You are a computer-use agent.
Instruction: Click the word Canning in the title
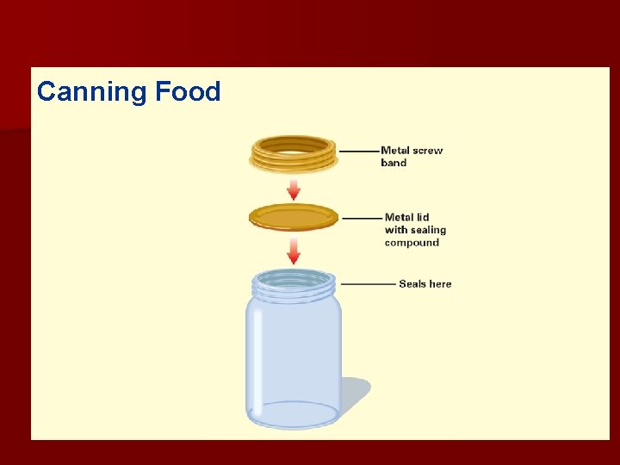(92, 92)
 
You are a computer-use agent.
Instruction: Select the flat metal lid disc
(294, 216)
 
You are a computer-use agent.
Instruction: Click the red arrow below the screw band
(294, 189)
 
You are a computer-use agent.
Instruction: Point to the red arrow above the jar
(294, 250)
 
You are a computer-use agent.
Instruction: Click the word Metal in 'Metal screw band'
(396, 151)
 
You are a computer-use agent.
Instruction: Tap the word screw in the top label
(428, 151)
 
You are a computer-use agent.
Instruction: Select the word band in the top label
(394, 163)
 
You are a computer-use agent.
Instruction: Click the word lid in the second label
(420, 218)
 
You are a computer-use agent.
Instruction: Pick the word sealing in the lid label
(428, 230)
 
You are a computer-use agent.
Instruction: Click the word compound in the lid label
(412, 243)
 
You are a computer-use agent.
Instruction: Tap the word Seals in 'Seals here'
(413, 284)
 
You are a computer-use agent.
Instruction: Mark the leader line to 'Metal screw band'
(358, 151)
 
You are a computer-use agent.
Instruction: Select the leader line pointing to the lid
(362, 218)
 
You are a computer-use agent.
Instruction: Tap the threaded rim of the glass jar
(294, 283)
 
